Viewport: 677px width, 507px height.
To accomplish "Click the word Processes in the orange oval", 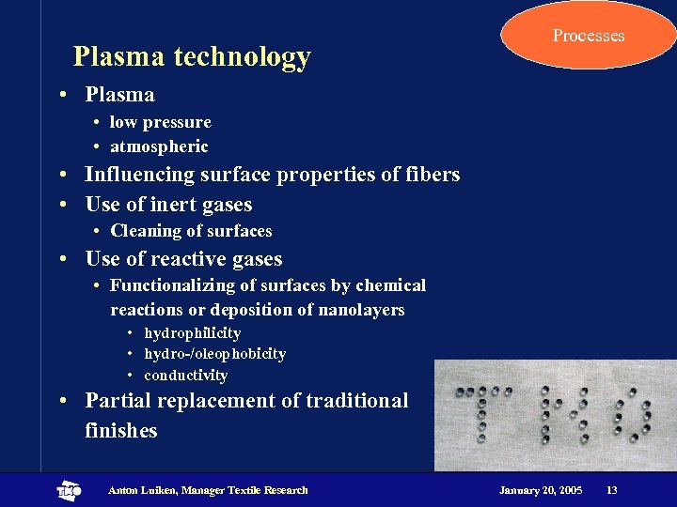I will (x=588, y=36).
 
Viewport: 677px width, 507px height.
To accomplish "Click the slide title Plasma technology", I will (x=192, y=57).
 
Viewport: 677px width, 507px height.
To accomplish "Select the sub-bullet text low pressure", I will (x=160, y=122).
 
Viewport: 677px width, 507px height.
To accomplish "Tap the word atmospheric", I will (x=159, y=146).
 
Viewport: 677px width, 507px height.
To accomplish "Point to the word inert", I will (x=176, y=205).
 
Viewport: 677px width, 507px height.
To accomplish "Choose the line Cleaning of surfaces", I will (x=191, y=231).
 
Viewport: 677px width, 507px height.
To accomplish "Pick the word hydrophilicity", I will (x=192, y=333).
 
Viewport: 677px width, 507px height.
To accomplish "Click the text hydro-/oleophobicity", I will (x=214, y=354).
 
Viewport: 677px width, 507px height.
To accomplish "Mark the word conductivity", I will (x=185, y=376).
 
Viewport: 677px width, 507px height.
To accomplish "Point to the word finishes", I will (x=120, y=431).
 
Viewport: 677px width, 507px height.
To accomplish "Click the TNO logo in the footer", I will (x=69, y=490).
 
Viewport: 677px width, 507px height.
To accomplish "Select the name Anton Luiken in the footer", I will (x=143, y=490).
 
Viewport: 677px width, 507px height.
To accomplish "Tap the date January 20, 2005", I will (x=540, y=490).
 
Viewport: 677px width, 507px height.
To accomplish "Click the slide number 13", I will (x=611, y=490).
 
